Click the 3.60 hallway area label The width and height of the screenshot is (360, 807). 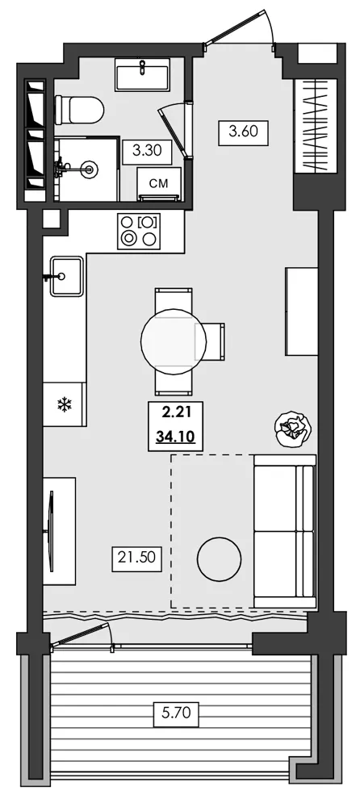pyautogui.click(x=243, y=132)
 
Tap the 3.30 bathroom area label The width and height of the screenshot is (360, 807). pyautogui.click(x=147, y=151)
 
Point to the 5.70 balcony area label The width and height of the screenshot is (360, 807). pyautogui.click(x=177, y=714)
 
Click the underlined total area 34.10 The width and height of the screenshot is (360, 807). pyautogui.click(x=175, y=437)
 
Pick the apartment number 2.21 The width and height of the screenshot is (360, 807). pyautogui.click(x=175, y=412)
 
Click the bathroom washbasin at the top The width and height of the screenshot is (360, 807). pyautogui.click(x=143, y=74)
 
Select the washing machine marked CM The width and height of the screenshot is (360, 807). pyautogui.click(x=159, y=184)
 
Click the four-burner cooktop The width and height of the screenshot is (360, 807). pyautogui.click(x=139, y=231)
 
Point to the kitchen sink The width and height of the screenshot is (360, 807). pyautogui.click(x=66, y=276)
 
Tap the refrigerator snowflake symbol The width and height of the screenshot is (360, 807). pyautogui.click(x=65, y=404)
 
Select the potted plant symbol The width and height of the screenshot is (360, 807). pyautogui.click(x=294, y=429)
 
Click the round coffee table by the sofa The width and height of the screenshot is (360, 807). pyautogui.click(x=220, y=559)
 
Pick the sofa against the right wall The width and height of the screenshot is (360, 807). pyautogui.click(x=285, y=532)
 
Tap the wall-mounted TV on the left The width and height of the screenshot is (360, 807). pyautogui.click(x=51, y=531)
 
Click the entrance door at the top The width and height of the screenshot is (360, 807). pyautogui.click(x=240, y=29)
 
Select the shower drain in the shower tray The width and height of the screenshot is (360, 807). pyautogui.click(x=90, y=168)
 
